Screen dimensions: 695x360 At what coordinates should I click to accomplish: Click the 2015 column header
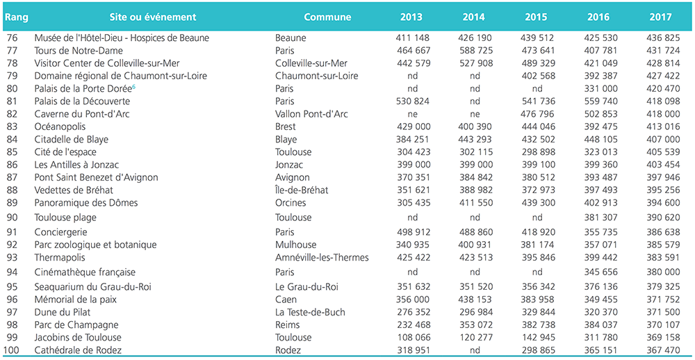tap(537, 17)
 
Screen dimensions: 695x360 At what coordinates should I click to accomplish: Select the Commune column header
tap(327, 17)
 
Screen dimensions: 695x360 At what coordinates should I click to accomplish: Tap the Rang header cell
tap(17, 17)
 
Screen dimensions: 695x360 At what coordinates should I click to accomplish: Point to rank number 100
tap(14, 350)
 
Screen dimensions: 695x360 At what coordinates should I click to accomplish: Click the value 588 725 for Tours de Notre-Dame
tap(474, 51)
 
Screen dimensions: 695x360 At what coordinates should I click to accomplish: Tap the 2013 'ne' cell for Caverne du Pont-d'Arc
tap(412, 115)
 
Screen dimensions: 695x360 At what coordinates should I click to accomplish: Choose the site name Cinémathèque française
tap(85, 272)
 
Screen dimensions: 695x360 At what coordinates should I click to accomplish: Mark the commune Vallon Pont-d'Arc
tap(311, 114)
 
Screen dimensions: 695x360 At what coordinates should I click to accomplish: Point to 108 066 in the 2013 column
tap(412, 337)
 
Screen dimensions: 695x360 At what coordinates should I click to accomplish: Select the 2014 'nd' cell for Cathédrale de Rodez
tap(474, 351)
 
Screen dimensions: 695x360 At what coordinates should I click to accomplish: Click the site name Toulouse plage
tap(65, 218)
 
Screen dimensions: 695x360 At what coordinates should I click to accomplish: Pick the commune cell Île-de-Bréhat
tap(302, 190)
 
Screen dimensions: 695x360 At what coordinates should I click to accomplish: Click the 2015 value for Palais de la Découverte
tap(537, 101)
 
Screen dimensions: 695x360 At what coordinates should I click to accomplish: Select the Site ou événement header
tap(153, 17)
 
